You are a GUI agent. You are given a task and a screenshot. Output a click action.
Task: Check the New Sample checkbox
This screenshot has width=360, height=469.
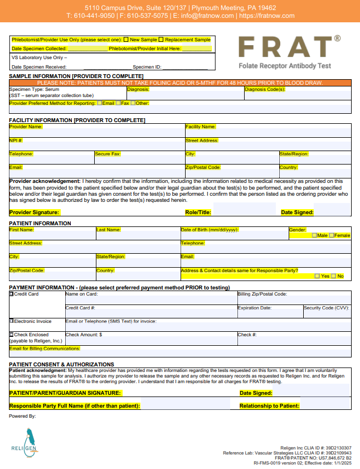tap(127, 40)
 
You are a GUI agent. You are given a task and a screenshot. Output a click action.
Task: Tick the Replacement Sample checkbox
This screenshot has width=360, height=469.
tap(161, 40)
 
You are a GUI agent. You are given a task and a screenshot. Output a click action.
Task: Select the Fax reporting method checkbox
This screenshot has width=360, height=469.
tap(118, 103)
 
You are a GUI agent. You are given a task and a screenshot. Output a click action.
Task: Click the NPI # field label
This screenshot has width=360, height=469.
tap(16, 141)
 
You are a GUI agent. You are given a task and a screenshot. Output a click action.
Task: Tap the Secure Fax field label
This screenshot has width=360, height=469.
tap(107, 154)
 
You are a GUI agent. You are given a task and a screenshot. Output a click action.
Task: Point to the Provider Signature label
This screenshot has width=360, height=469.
tap(34, 212)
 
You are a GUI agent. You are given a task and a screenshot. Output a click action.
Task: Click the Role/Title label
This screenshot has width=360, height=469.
tap(198, 212)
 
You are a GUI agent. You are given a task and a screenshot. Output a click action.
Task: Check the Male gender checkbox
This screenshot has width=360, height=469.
tap(314, 235)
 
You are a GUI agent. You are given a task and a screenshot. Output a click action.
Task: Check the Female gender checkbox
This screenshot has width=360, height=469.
tap(332, 235)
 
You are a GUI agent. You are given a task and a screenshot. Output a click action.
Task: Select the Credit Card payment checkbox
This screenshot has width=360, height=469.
tap(12, 294)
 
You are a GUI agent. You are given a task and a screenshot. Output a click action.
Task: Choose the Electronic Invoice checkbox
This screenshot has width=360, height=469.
tap(12, 321)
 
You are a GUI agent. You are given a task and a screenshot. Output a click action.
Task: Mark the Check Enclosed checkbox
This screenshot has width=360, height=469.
tap(12, 335)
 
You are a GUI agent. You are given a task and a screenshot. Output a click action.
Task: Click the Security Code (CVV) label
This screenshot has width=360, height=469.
tap(326, 308)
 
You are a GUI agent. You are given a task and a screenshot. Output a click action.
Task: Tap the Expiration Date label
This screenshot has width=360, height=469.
tap(255, 308)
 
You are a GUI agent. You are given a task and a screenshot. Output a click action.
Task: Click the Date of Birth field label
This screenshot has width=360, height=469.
tap(210, 230)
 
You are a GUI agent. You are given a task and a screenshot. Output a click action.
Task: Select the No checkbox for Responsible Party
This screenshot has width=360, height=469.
tap(333, 276)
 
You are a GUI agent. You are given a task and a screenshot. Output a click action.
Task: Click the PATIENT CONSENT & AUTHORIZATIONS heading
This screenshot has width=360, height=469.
tap(61, 364)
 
